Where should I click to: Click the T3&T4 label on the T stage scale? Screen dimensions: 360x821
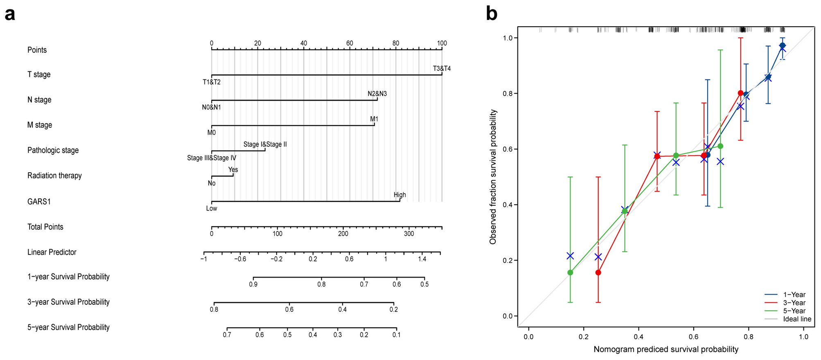coord(442,68)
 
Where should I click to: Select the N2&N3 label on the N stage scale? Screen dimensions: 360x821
coord(377,94)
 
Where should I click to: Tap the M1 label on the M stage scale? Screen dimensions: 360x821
coord(374,119)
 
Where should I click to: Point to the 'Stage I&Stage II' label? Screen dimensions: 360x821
coord(265,144)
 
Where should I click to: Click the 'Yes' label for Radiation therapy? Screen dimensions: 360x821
coord(233,170)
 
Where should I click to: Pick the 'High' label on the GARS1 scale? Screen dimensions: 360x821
coord(399,195)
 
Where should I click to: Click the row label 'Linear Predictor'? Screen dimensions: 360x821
coord(52,252)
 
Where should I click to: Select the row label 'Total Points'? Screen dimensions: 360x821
coord(45,227)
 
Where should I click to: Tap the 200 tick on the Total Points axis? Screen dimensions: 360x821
coord(343,234)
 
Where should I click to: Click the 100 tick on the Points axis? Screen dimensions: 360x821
coord(442,43)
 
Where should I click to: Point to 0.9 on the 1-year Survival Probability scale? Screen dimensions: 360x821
coord(253,284)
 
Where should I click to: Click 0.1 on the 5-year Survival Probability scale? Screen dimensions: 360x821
coord(396,335)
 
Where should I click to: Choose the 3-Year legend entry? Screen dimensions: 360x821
coord(794,303)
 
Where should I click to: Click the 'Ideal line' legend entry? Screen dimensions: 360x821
coord(796,319)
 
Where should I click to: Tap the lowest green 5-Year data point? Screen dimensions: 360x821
coord(570,272)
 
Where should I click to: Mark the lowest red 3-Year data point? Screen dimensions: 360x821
coord(598,272)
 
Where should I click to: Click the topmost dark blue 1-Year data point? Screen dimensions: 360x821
coord(782,45)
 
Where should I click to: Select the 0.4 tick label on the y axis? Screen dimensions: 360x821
coord(508,205)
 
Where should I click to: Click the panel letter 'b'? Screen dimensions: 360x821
coord(491,14)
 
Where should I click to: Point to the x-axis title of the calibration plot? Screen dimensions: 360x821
coord(666,349)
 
